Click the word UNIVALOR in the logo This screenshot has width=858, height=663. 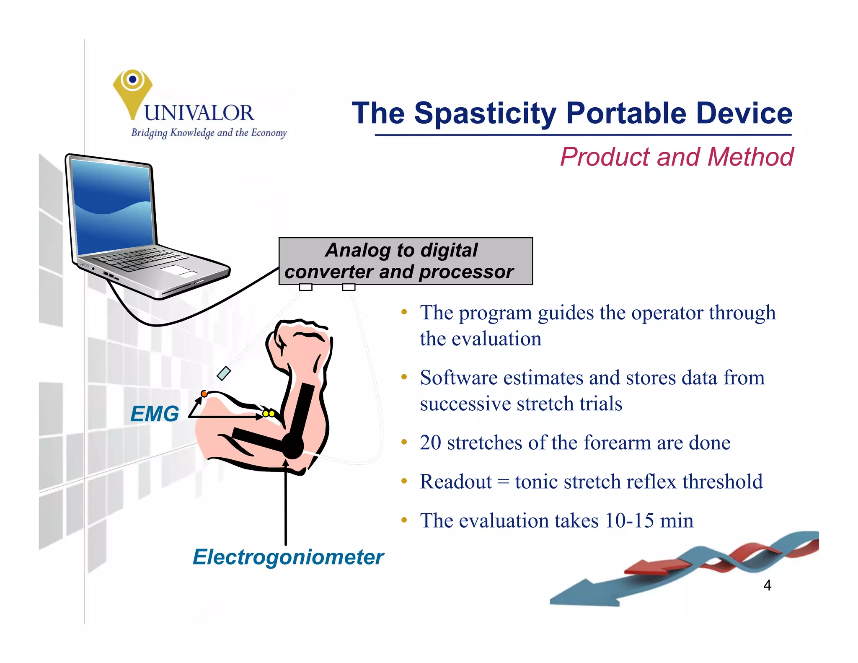(x=199, y=113)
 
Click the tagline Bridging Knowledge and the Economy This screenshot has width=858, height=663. (x=209, y=133)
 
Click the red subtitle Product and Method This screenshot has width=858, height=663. (x=676, y=157)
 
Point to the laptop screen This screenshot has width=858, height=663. (x=112, y=207)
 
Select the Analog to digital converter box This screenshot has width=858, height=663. (x=405, y=261)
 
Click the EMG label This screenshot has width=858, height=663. (x=154, y=414)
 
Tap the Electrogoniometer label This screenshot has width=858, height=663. (x=288, y=557)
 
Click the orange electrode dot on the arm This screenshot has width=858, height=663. (x=204, y=394)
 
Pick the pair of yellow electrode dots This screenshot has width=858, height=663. (x=269, y=414)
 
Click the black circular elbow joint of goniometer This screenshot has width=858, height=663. (x=292, y=446)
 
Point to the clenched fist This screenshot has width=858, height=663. (x=299, y=346)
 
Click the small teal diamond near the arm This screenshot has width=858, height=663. (x=224, y=373)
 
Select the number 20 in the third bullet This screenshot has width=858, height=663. (x=430, y=443)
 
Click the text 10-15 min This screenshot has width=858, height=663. (x=649, y=521)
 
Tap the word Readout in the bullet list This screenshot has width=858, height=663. (x=455, y=482)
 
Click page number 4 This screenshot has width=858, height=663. (x=767, y=585)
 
